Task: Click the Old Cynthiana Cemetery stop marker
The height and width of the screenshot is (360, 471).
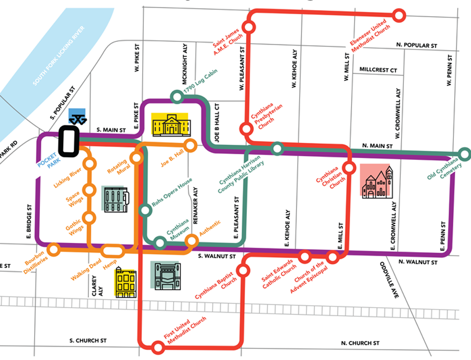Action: tap(464, 154)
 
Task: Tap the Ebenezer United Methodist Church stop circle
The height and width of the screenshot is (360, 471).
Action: tap(399, 15)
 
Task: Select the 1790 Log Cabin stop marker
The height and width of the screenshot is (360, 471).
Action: tap(177, 97)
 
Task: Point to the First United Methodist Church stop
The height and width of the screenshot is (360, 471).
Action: tap(157, 347)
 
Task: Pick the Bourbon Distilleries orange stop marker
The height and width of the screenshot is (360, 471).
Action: tap(55, 248)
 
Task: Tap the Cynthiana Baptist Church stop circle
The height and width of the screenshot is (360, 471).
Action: tap(244, 270)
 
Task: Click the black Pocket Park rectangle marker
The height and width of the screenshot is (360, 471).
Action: tap(69, 140)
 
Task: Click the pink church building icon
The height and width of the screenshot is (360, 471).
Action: tap(376, 181)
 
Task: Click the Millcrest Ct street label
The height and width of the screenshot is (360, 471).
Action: tap(378, 70)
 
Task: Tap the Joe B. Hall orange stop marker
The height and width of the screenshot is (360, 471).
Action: tap(190, 145)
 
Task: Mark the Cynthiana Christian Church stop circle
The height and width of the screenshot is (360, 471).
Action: tap(350, 168)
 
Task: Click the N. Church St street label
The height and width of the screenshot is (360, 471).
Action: tap(360, 343)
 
